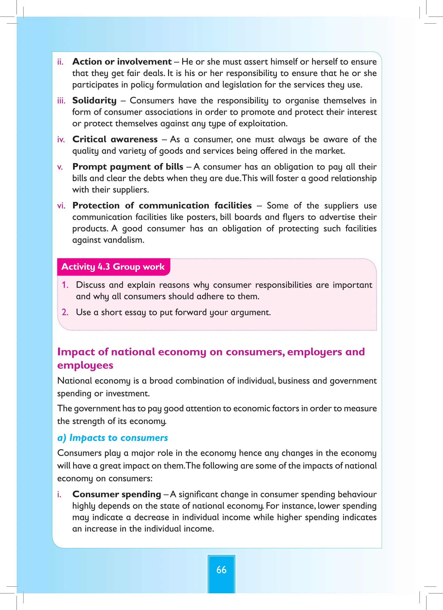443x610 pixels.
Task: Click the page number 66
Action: click(221, 570)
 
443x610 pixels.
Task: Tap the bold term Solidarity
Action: click(94, 101)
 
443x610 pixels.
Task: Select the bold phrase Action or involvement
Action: click(122, 62)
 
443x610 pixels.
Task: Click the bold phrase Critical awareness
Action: click(115, 139)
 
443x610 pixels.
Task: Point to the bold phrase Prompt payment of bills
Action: click(128, 167)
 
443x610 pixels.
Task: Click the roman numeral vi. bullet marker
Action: click(61, 206)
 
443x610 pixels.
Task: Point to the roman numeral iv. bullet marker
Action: click(61, 140)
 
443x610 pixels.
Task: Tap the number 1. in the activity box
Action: click(65, 285)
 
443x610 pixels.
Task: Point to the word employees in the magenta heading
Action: click(85, 365)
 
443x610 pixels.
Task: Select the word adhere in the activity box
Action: click(209, 296)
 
